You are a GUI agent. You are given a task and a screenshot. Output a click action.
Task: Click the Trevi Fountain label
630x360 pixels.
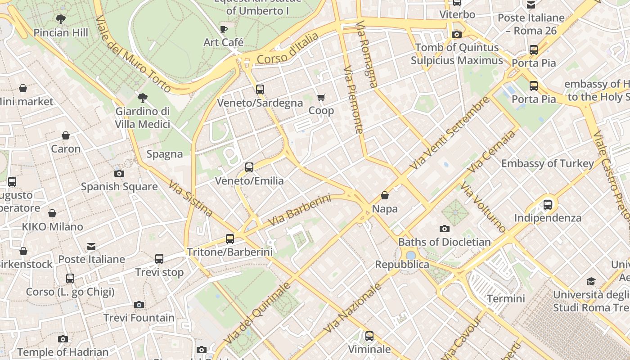coord(139,318)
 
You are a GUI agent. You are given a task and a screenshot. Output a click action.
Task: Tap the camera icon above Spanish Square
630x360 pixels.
coord(119,173)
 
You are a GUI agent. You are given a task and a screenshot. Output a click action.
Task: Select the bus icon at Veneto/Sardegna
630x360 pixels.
coord(260,90)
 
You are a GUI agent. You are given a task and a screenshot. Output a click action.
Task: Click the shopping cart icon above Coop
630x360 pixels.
coord(321,98)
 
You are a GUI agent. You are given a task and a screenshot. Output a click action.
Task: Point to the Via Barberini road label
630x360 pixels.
coord(299,210)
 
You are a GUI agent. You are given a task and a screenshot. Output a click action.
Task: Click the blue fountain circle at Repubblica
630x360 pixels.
coord(410,255)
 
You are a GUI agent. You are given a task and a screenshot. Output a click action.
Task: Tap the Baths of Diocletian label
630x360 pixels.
coord(445,242)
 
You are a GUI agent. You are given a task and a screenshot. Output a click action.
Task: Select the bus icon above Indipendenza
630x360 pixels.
coord(548,205)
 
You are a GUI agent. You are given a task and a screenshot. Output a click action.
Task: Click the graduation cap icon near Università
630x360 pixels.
coord(591,282)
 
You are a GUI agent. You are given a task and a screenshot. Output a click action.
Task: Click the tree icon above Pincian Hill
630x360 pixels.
coord(61,19)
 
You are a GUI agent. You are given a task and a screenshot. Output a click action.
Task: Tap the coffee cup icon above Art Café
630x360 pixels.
coord(224,30)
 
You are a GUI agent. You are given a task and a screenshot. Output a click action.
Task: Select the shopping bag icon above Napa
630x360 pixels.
coord(385,195)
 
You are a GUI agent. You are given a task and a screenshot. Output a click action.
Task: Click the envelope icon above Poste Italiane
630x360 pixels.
coord(91,246)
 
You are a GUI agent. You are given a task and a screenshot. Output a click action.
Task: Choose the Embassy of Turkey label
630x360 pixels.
coord(548,163)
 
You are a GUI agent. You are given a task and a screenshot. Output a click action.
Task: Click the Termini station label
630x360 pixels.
coord(506,298)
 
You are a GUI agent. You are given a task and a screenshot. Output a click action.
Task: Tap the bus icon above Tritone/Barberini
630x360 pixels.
coord(230,239)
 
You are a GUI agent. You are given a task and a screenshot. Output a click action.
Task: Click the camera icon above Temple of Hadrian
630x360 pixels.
coord(63,339)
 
